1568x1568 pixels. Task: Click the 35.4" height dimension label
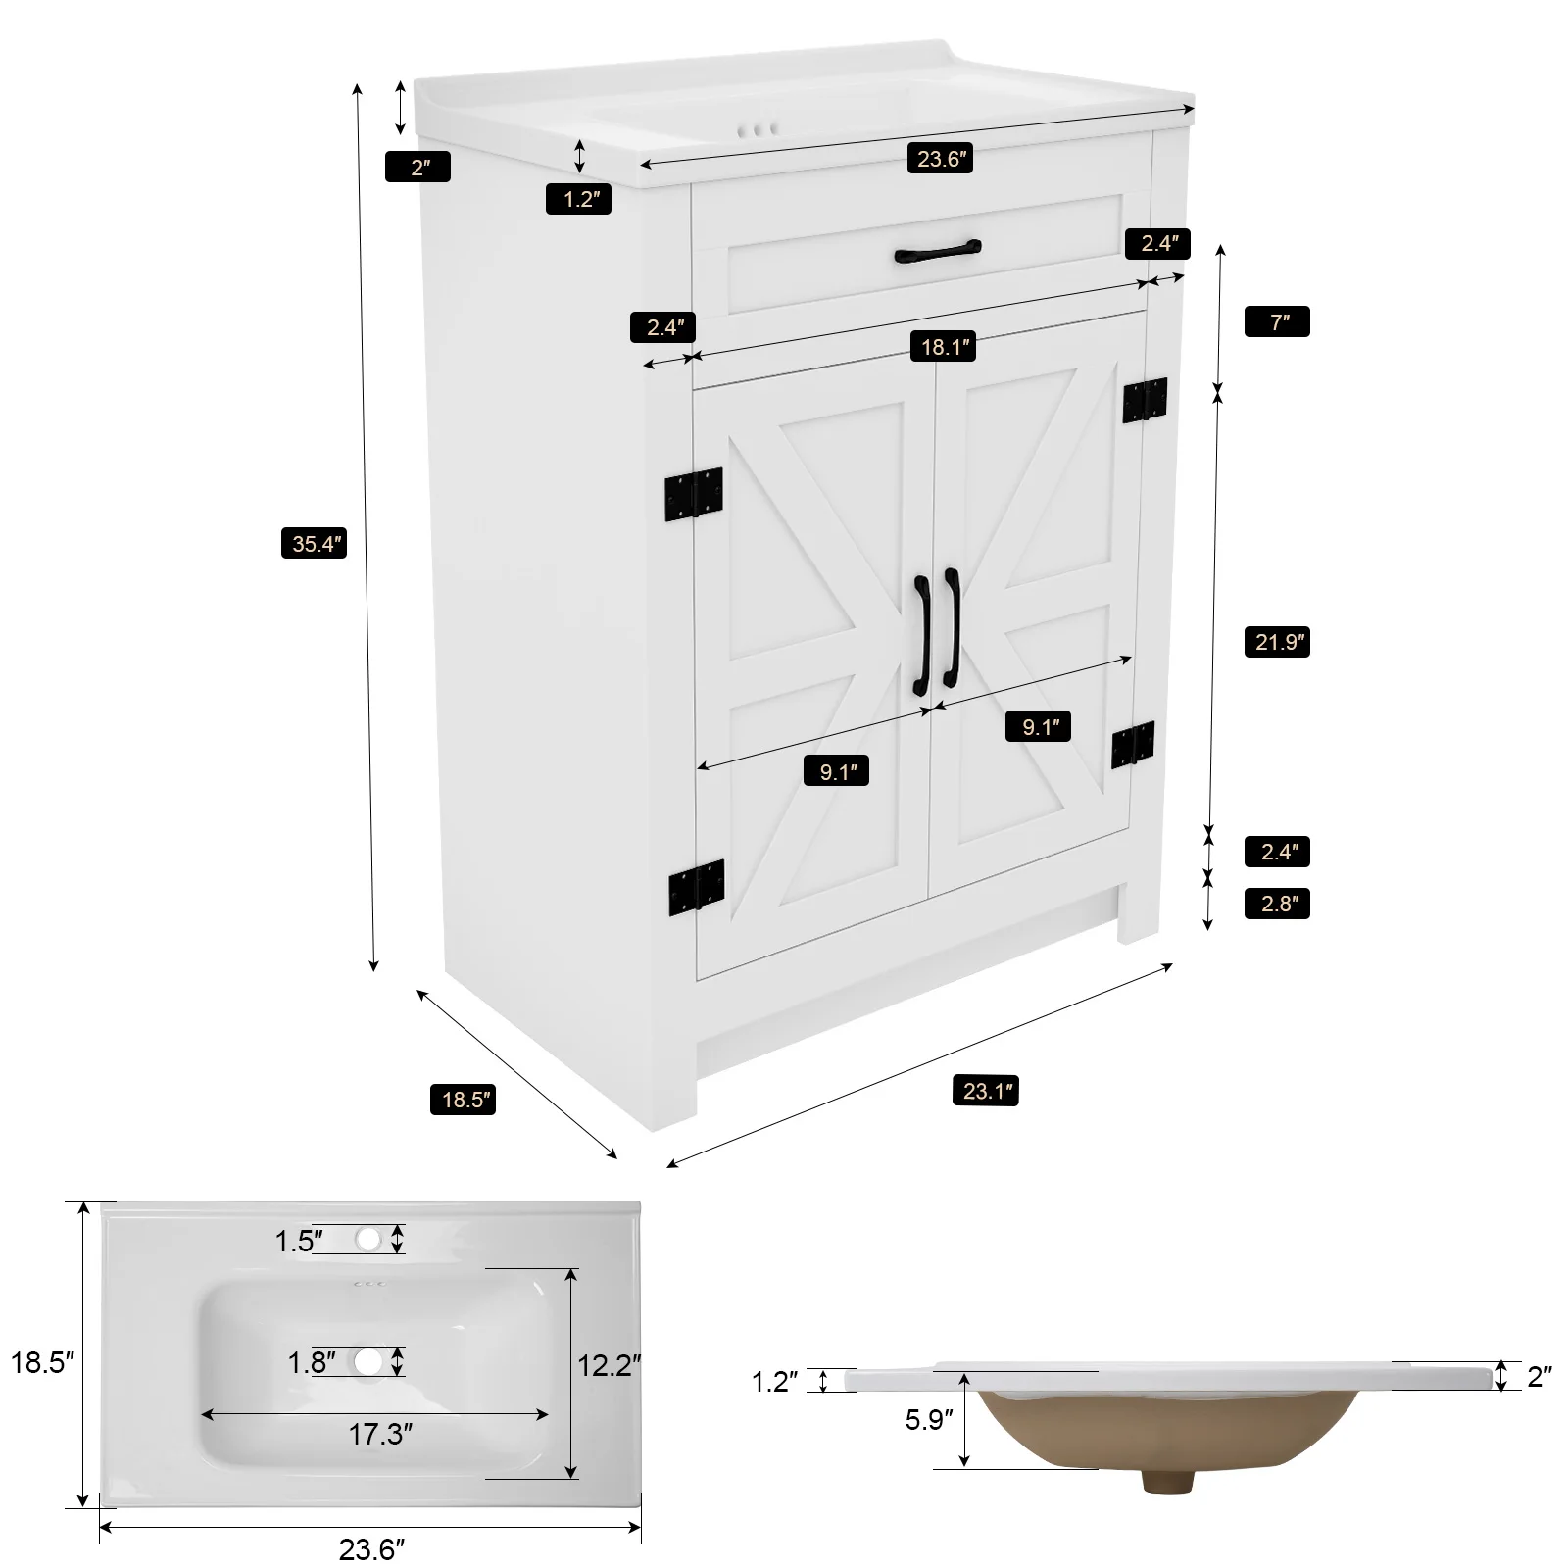(315, 542)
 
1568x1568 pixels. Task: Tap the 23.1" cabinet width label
(986, 1090)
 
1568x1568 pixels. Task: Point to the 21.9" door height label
(1277, 642)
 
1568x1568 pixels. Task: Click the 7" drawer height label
(1277, 321)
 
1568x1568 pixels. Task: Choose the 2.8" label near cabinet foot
(1277, 904)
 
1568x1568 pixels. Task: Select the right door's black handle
(950, 628)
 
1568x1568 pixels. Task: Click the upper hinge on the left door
(694, 493)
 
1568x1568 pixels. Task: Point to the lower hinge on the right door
(1133, 745)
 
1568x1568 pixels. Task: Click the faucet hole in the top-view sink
(368, 1239)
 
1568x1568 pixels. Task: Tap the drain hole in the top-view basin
(368, 1361)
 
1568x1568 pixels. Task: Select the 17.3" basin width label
(380, 1435)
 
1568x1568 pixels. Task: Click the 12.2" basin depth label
(609, 1364)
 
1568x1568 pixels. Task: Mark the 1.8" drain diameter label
(312, 1362)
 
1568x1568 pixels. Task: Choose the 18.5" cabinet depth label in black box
(463, 1100)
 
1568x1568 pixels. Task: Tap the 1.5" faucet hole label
(299, 1241)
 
